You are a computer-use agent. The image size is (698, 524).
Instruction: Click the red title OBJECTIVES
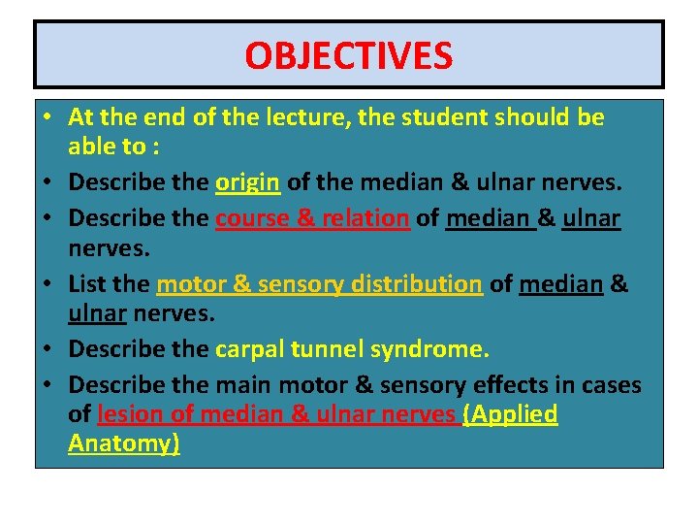[348, 55]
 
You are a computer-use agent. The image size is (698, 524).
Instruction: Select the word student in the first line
[442, 118]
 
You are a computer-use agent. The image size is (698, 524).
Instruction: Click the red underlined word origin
[248, 182]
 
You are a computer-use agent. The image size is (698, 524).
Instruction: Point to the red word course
[251, 218]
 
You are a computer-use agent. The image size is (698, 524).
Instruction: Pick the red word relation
[364, 218]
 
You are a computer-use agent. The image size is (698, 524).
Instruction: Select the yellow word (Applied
[511, 414]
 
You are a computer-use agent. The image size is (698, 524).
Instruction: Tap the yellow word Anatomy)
[124, 443]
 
